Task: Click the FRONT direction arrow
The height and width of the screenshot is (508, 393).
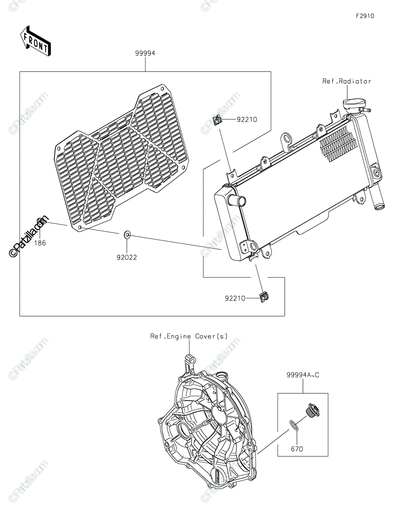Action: [x=36, y=44]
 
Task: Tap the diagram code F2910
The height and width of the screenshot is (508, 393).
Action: [x=365, y=16]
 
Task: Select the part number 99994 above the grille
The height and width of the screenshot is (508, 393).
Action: [x=145, y=53]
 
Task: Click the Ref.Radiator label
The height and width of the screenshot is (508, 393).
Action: [x=347, y=81]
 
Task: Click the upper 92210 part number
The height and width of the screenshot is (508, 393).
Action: [x=247, y=119]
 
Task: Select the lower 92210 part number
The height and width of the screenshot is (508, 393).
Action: [x=235, y=298]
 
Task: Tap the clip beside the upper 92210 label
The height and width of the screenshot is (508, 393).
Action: [x=217, y=120]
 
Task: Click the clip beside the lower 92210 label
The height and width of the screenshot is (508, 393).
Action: [x=264, y=298]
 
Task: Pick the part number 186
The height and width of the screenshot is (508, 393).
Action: [x=40, y=243]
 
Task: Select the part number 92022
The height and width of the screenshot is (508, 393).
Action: [x=127, y=257]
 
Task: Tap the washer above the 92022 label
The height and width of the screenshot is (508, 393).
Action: [x=127, y=235]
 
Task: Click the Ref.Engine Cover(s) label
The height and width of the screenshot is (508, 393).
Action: [x=189, y=336]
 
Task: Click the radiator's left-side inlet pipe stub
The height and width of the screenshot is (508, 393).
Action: [x=237, y=200]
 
